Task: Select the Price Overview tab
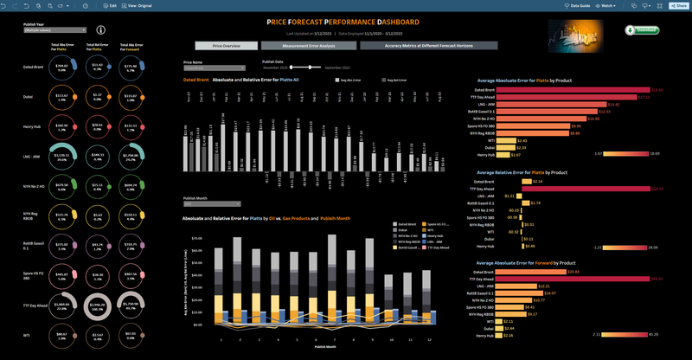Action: (x=225, y=45)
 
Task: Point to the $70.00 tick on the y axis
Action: (x=195, y=237)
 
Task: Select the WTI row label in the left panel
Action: (x=26, y=333)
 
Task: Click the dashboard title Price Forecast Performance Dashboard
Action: (x=344, y=22)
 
